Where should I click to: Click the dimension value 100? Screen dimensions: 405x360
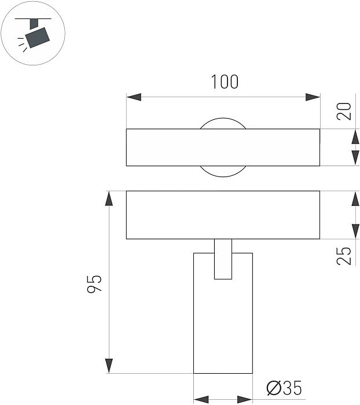point(224,82)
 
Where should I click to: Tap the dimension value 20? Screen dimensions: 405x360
point(346,111)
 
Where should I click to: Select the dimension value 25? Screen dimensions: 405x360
point(346,255)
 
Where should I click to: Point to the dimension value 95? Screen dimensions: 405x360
point(94,283)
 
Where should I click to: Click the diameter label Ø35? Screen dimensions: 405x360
point(284,389)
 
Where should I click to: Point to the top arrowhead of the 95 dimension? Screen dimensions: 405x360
point(108,198)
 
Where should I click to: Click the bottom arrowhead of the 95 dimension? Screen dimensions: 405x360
point(108,366)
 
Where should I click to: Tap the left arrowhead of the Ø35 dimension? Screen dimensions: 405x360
point(200,399)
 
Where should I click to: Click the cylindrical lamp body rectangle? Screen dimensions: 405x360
point(223,324)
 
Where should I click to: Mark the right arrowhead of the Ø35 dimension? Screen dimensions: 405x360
point(245,399)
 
